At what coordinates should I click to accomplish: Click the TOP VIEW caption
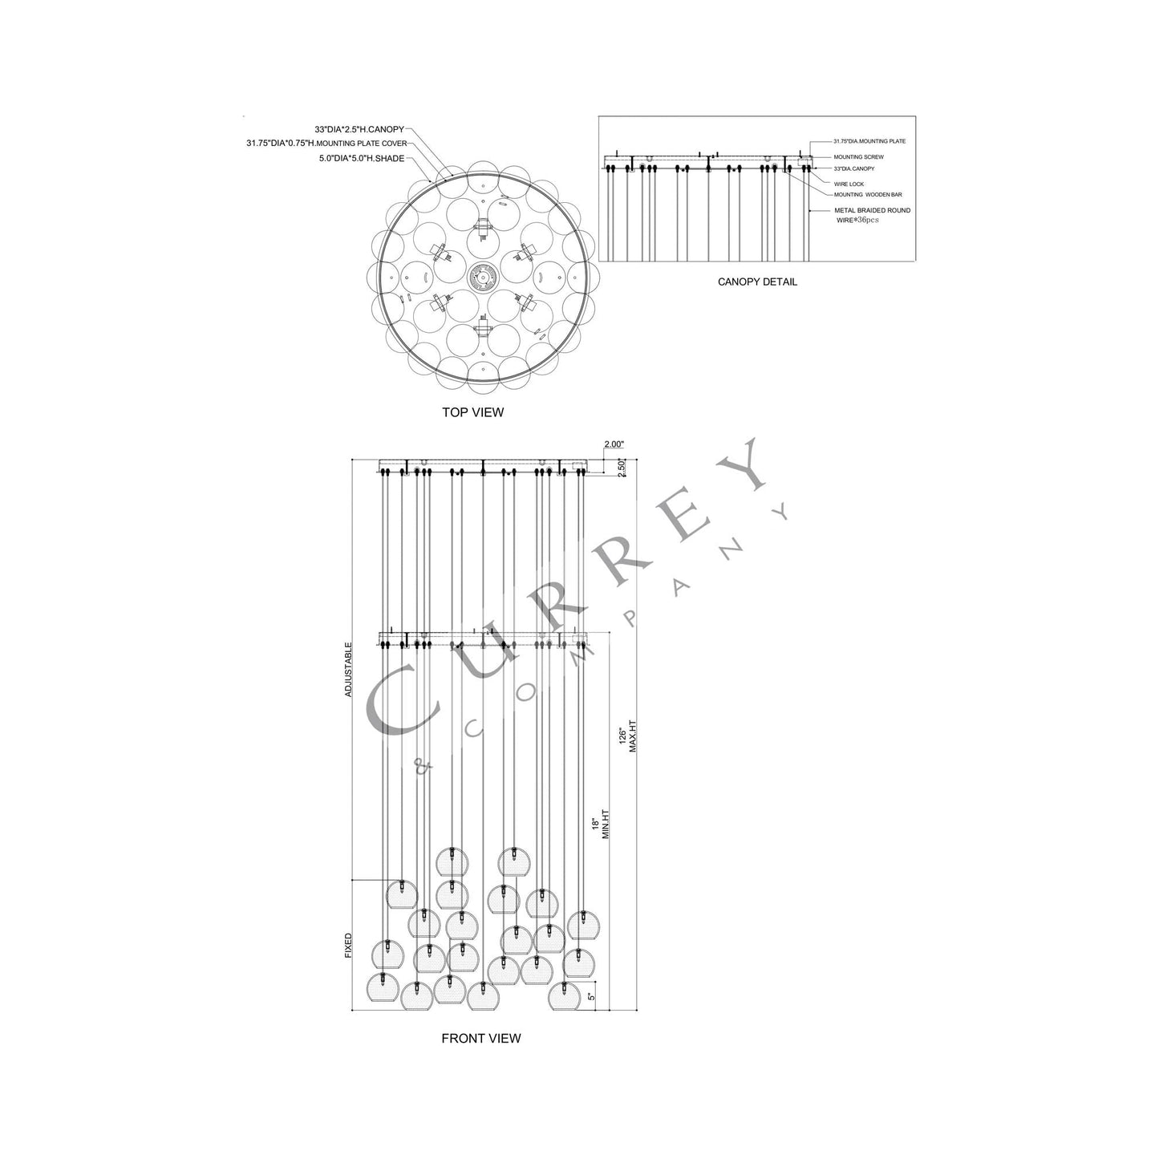point(472,412)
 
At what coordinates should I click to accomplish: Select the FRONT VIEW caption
point(480,1038)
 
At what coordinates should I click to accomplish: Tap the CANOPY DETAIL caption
point(757,282)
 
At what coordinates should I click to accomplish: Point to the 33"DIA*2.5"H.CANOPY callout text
point(359,128)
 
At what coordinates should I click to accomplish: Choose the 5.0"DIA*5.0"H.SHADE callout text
point(362,159)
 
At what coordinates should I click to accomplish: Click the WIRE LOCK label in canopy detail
point(849,184)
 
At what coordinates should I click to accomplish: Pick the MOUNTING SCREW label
point(858,156)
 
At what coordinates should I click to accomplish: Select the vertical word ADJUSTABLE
point(348,668)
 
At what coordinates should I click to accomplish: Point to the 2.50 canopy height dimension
point(622,468)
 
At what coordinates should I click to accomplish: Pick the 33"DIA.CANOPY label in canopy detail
point(853,168)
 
